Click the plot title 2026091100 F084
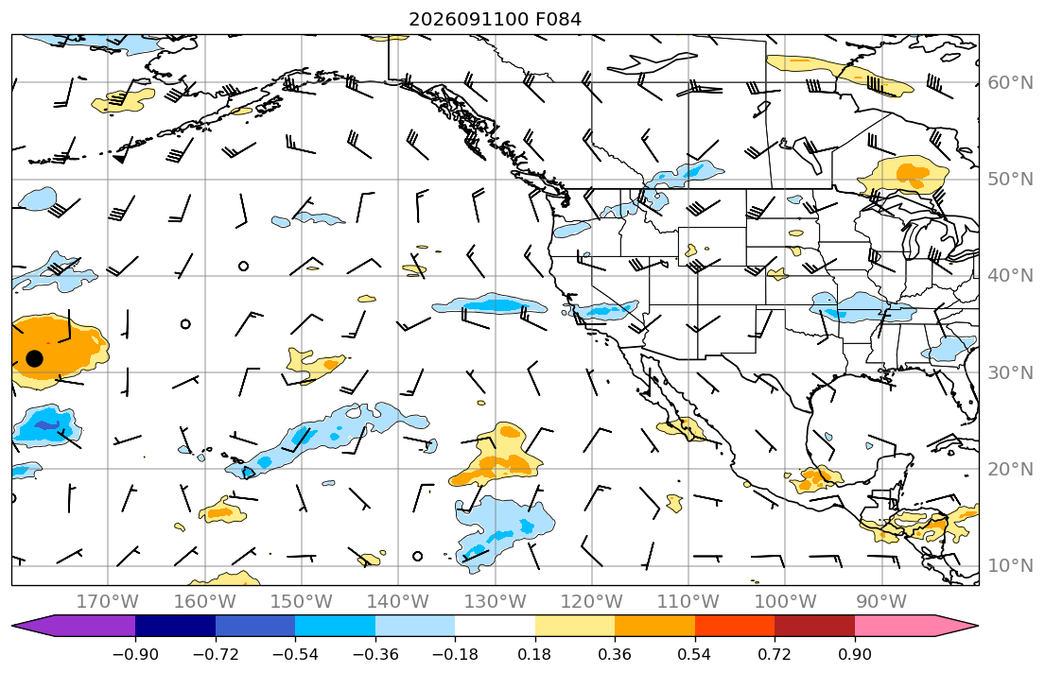[x=495, y=19]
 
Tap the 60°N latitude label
[x=1010, y=82]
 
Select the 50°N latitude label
[x=1010, y=180]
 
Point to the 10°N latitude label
[x=1010, y=566]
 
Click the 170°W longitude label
[x=108, y=602]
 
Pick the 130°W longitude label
[x=496, y=602]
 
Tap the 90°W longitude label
[x=881, y=602]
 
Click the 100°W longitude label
[x=785, y=602]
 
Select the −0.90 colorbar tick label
[x=135, y=654]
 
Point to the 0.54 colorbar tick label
[x=694, y=654]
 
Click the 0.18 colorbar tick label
[x=534, y=654]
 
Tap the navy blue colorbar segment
[x=175, y=626]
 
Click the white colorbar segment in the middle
[x=496, y=626]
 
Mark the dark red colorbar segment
[x=815, y=626]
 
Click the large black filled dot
[x=35, y=358]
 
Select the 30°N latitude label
[x=1010, y=372]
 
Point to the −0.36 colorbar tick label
[x=375, y=654]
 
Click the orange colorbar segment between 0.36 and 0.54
[x=655, y=626]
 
